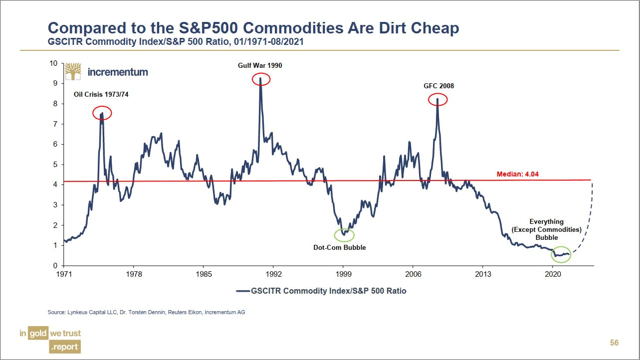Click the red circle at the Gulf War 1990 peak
(x=261, y=79)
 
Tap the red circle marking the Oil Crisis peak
(x=102, y=113)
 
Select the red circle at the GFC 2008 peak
(x=438, y=100)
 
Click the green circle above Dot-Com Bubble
(x=344, y=234)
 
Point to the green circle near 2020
(x=561, y=254)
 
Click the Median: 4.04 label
(x=517, y=175)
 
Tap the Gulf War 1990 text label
(x=260, y=65)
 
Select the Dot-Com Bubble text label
(x=339, y=247)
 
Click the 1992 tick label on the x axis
(x=273, y=274)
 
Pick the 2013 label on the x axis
(x=482, y=274)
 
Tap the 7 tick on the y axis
(x=55, y=124)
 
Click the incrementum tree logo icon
(x=73, y=71)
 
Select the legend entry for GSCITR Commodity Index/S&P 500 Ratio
(x=321, y=291)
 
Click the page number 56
(x=614, y=343)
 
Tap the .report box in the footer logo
(x=64, y=347)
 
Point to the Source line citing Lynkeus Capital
(x=146, y=312)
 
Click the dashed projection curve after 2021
(x=586, y=224)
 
